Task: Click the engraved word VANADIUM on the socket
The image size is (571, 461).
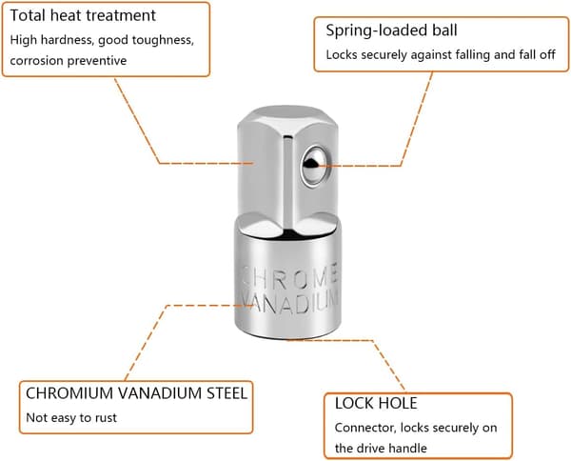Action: click(289, 303)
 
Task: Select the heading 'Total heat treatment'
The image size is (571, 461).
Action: click(83, 15)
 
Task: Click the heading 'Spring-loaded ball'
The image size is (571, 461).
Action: click(391, 30)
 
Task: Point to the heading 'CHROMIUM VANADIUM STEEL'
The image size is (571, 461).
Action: click(136, 393)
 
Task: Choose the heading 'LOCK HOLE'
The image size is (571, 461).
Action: click(376, 404)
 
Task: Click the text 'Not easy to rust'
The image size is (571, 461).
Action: click(71, 417)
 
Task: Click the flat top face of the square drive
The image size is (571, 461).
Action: click(287, 116)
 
